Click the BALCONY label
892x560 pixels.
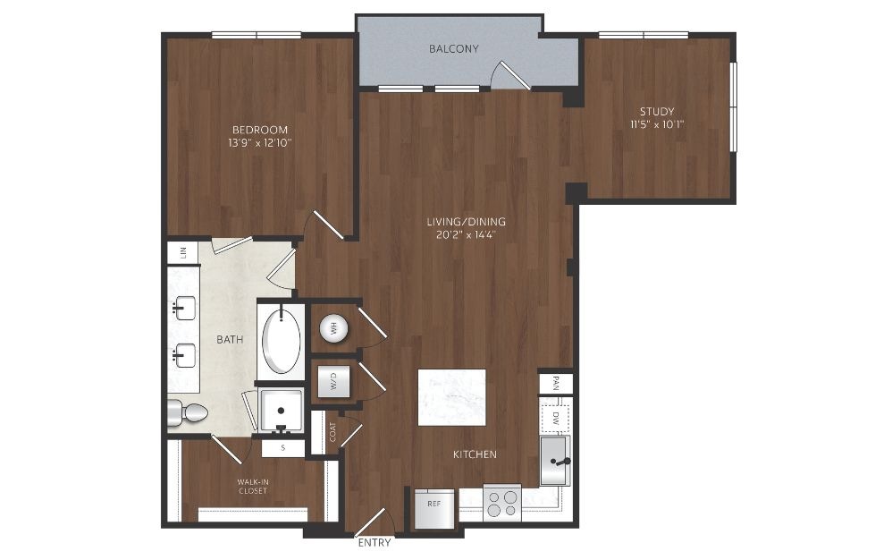point(453,49)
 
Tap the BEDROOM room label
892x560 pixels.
point(260,130)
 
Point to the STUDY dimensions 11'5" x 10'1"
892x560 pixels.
point(657,124)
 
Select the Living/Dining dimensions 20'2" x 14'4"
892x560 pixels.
point(467,234)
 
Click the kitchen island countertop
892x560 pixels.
point(451,397)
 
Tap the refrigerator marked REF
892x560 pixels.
point(434,508)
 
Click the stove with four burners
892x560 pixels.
point(502,503)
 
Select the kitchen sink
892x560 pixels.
point(554,461)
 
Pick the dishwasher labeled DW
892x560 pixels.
point(555,419)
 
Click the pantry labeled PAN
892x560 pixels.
point(555,383)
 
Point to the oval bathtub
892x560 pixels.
point(281,341)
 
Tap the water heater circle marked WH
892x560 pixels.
point(333,328)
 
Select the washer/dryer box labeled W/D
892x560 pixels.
point(333,381)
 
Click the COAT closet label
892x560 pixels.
point(332,432)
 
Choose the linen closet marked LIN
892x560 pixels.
point(182,252)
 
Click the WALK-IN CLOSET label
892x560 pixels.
point(253,486)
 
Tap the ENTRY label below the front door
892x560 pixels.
point(374,543)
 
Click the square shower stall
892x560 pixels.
point(281,411)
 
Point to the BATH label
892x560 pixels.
point(230,340)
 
